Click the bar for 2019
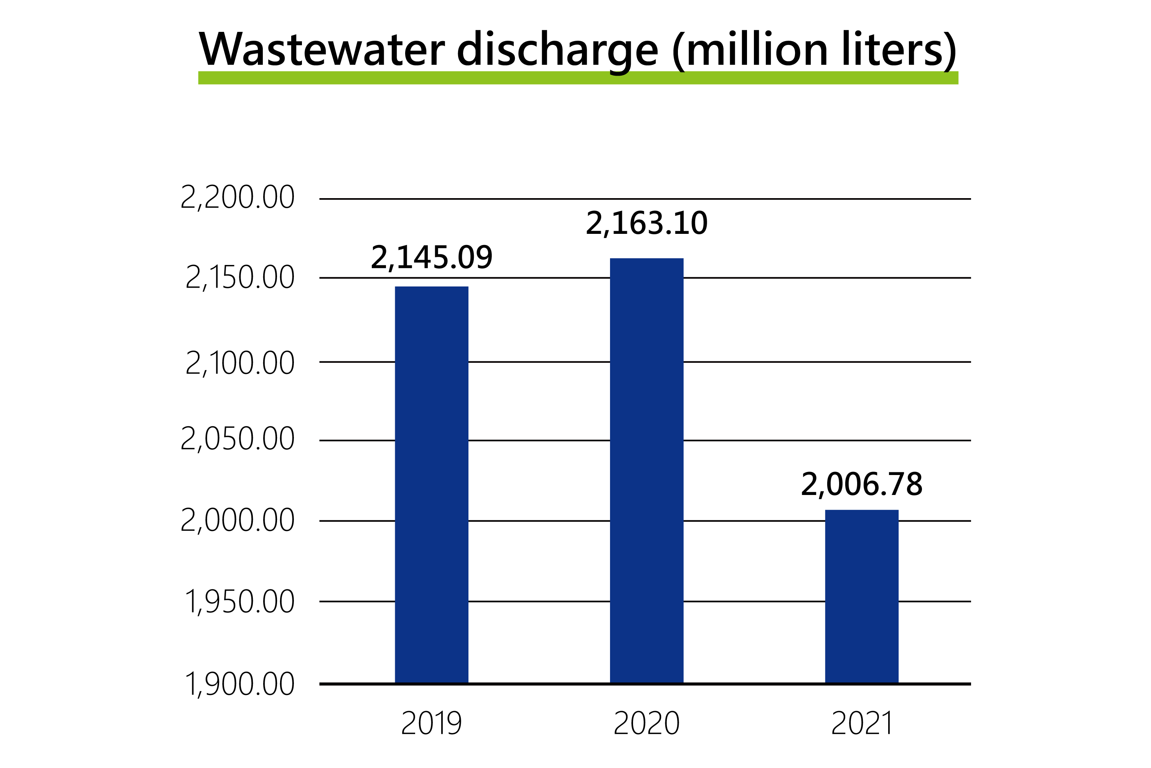tap(431, 485)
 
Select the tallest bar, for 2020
tap(646, 470)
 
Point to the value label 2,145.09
tap(431, 258)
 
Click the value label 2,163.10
tap(646, 223)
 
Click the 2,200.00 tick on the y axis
tap(238, 198)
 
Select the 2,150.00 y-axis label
tap(240, 278)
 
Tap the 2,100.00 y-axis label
tap(240, 363)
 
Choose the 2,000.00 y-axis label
tap(238, 520)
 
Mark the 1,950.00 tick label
tap(240, 602)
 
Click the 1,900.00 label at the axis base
tap(240, 684)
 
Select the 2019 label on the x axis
tap(431, 723)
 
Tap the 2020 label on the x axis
tap(646, 723)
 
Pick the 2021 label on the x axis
tap(861, 723)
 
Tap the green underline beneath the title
tap(577, 78)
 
